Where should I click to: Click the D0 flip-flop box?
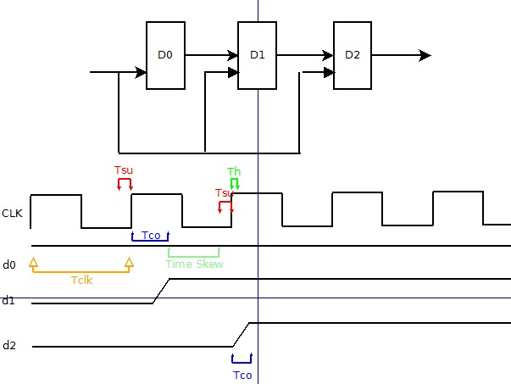pos(165,55)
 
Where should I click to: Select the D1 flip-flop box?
pos(258,55)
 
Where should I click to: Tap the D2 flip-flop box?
pos(353,55)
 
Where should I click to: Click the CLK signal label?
pos(12,213)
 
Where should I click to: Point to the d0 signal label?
pos(9,265)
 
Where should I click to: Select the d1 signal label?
pos(8,300)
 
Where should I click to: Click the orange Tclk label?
pos(81,279)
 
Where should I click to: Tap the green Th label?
pos(234,172)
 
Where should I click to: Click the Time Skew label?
pos(194,264)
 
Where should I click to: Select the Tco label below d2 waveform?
pos(242,375)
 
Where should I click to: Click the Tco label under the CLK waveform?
pos(151,236)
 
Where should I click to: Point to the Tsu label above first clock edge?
pos(124,170)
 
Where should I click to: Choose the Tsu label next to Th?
pos(224,193)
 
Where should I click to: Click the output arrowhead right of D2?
pos(425,55)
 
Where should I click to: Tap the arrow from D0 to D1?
pos(211,55)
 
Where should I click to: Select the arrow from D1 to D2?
pos(305,55)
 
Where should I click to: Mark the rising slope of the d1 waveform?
pos(162,290)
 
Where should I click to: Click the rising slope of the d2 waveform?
pos(242,334)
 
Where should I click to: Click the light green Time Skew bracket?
pos(194,252)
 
